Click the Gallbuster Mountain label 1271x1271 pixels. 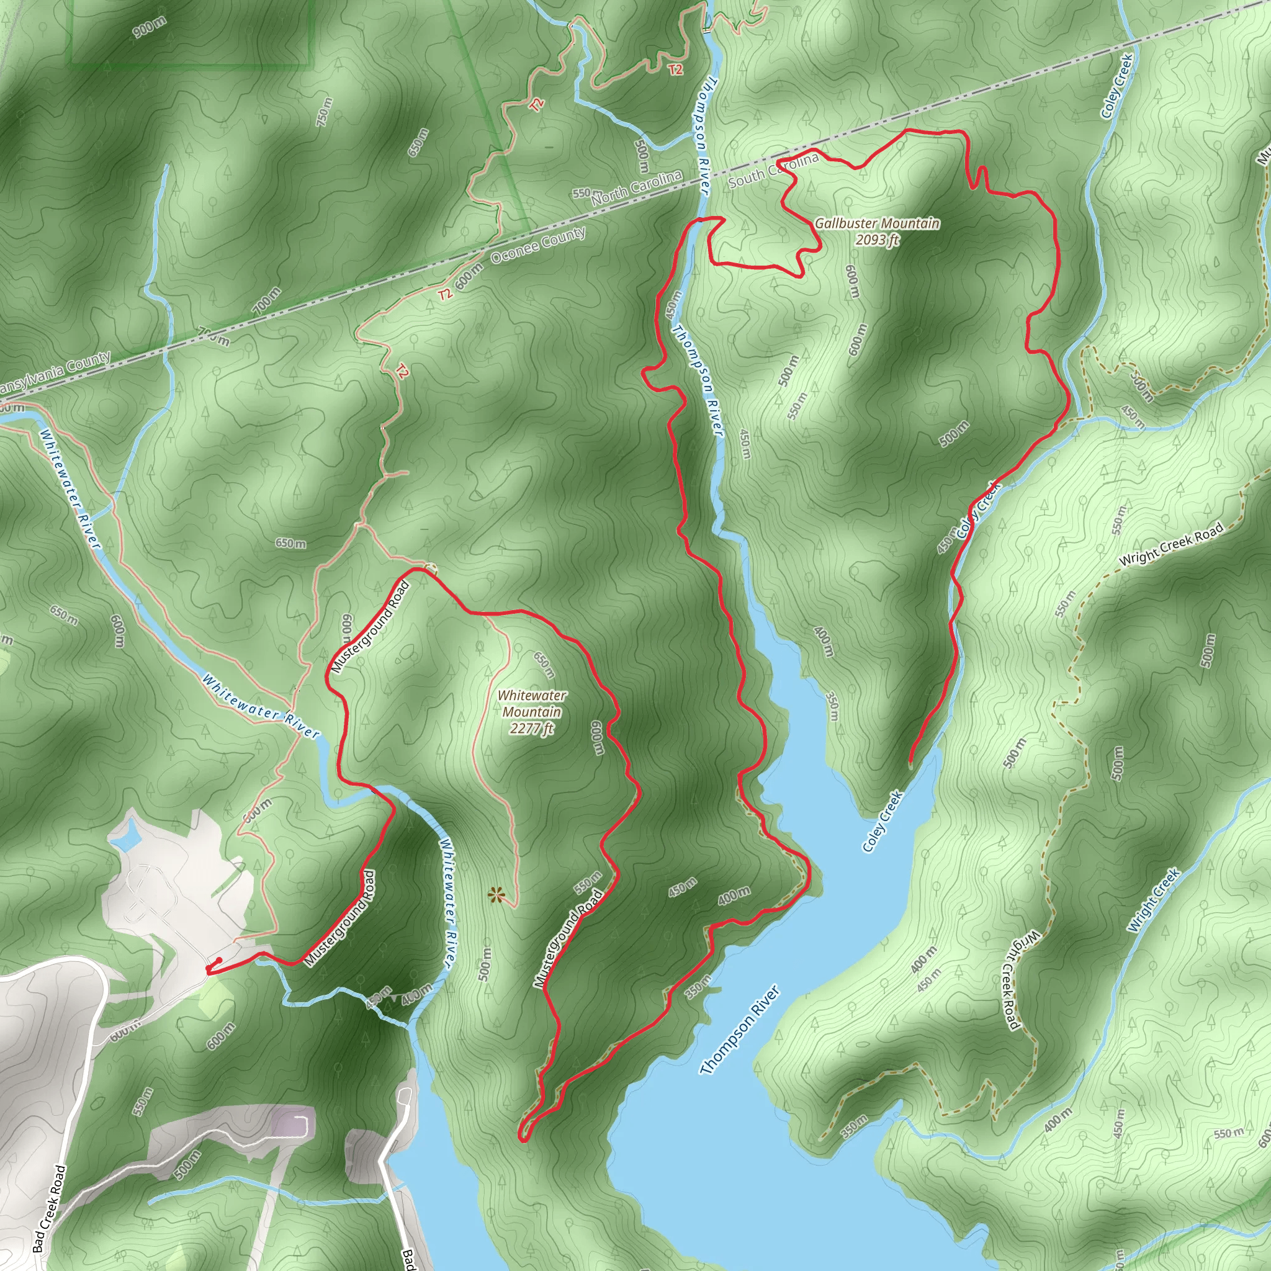877,223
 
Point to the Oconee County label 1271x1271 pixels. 538,245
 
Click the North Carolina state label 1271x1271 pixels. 636,187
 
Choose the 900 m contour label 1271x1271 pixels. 150,27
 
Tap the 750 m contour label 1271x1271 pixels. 325,112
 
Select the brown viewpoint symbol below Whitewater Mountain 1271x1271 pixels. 496,895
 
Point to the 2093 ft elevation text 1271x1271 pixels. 877,240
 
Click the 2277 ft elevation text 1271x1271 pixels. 532,728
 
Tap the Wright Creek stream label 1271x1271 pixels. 1154,900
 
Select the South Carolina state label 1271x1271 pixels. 774,169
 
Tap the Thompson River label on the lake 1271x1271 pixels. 739,1031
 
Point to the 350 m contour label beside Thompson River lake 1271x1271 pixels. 832,706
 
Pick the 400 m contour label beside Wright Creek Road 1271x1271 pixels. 923,959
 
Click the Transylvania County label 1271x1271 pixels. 56,372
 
